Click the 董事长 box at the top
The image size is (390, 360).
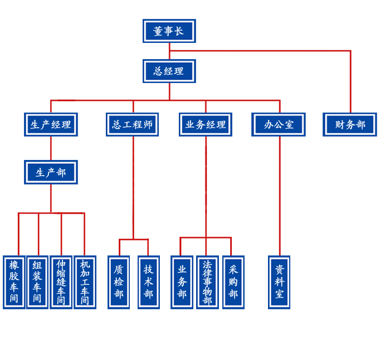click(169, 31)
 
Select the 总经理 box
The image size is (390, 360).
click(169, 71)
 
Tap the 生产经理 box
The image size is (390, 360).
click(51, 124)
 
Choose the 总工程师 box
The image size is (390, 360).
click(132, 124)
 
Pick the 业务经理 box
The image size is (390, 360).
click(206, 124)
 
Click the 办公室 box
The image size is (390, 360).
click(279, 124)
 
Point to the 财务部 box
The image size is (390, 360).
click(350, 124)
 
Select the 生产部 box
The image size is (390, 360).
click(51, 172)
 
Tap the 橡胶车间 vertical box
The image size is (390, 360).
click(14, 282)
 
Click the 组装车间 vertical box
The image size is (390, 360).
click(37, 282)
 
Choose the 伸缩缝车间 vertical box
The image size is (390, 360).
click(61, 282)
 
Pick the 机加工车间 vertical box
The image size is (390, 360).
click(85, 282)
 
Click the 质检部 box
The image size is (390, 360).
click(119, 282)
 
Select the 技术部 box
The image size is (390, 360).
click(148, 282)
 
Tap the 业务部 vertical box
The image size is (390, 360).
click(182, 282)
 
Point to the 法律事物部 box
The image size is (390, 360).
click(207, 282)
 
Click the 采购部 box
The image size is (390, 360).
click(233, 282)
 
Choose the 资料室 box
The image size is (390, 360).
click(279, 282)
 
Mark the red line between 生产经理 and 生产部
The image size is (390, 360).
click(51, 148)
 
